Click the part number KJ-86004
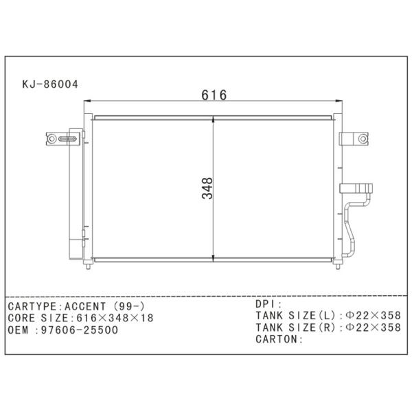(51, 85)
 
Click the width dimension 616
(214, 95)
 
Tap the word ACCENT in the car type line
(89, 306)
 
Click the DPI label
(267, 303)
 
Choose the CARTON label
(278, 339)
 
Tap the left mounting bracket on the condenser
(57, 139)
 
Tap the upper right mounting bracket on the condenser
(355, 139)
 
